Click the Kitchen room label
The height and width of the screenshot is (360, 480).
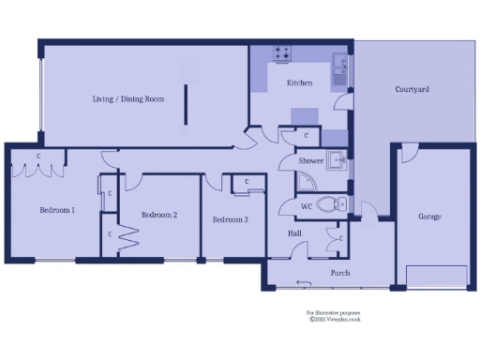(299, 83)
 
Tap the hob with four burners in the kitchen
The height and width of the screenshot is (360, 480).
(280, 53)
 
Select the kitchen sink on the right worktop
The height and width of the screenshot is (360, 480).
(340, 66)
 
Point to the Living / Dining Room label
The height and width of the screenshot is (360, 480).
(128, 98)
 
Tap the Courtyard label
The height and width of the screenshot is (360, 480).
(412, 89)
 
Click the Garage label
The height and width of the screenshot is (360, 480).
(429, 217)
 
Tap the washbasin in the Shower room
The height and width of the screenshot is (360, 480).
(335, 157)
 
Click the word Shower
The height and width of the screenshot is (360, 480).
(311, 161)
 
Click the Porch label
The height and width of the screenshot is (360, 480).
(340, 273)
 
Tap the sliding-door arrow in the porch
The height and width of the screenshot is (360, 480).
(302, 282)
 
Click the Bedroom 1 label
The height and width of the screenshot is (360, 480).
(57, 210)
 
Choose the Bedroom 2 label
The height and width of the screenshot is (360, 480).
(159, 215)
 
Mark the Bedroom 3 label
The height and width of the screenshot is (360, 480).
(230, 219)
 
